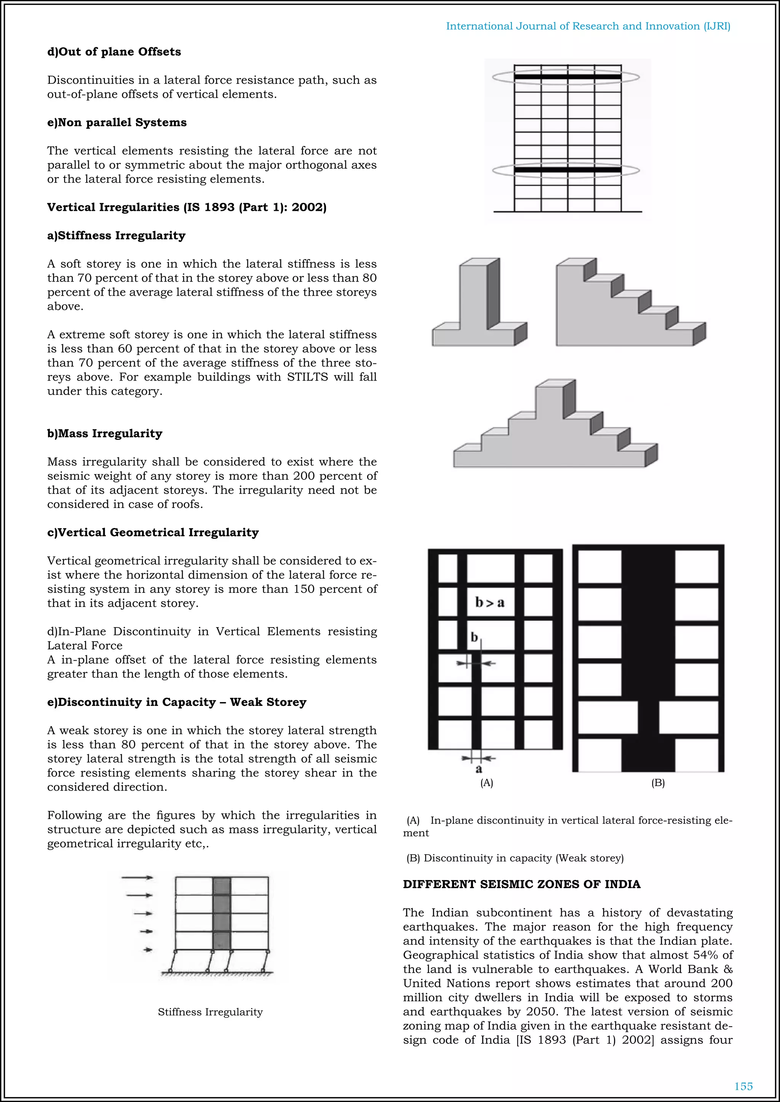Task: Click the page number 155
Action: click(743, 1086)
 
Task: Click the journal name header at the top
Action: click(588, 26)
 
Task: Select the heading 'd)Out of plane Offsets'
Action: click(114, 52)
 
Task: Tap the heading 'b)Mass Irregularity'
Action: click(105, 433)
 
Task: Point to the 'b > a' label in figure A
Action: click(490, 602)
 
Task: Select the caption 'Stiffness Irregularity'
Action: click(210, 1012)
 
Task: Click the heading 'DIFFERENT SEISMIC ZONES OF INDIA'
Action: click(522, 884)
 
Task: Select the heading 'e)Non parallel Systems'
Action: click(117, 123)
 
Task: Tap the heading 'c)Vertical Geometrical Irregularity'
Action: click(153, 532)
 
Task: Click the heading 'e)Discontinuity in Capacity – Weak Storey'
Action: click(176, 702)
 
